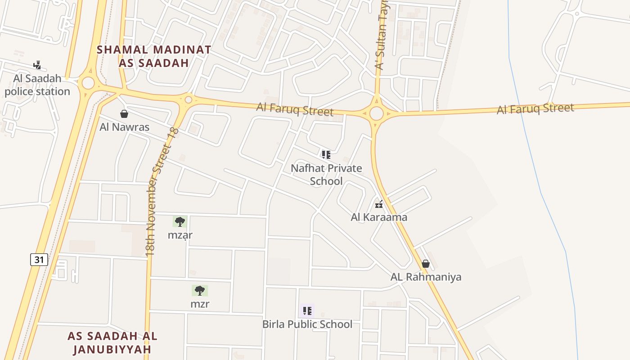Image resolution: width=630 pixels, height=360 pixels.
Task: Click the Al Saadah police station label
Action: tap(37, 85)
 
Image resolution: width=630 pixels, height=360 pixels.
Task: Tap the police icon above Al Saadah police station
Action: tap(37, 65)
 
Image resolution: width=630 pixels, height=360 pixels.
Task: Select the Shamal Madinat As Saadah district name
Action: tap(154, 56)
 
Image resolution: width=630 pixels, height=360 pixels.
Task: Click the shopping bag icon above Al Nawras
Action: tap(124, 114)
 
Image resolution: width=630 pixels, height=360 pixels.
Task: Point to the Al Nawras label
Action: tap(124, 127)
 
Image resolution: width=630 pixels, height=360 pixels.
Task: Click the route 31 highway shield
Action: tap(39, 260)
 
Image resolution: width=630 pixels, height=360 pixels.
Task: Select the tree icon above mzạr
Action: tap(180, 221)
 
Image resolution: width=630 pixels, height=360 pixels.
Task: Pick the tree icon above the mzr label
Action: tap(200, 291)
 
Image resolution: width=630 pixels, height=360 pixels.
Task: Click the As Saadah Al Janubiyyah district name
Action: tap(112, 342)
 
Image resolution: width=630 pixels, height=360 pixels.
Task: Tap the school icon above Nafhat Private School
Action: tap(326, 155)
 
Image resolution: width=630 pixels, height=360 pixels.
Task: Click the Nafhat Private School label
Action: tap(326, 175)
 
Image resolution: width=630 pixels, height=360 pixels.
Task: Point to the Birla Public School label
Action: tap(307, 324)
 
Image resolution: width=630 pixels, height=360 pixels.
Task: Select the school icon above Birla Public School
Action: tap(307, 310)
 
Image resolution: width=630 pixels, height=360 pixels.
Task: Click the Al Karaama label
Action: tap(379, 217)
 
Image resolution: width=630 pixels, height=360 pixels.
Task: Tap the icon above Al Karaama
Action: tap(379, 204)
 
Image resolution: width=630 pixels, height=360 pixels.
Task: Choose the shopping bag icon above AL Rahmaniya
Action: tap(426, 264)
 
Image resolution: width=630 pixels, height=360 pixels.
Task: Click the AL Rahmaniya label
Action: tap(426, 277)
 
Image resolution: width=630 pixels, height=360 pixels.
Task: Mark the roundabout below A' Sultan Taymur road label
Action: tap(377, 113)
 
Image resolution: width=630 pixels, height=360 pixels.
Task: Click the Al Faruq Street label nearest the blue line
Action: tap(535, 108)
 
